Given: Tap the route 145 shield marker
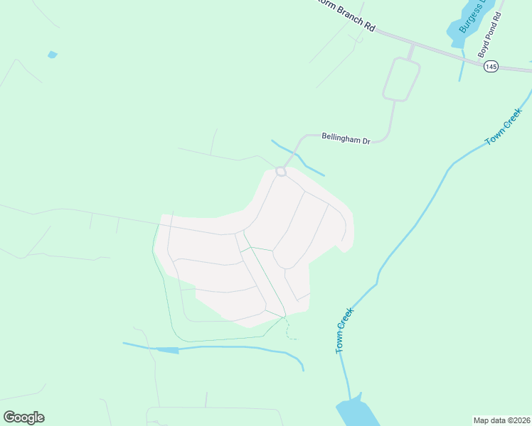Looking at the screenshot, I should pos(491,66).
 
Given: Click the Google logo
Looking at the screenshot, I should pos(23,417).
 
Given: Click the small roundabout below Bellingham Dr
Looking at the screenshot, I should pos(281,171).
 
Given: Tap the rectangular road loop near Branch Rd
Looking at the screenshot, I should pos(402,79).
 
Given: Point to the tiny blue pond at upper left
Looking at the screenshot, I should pos(52,55).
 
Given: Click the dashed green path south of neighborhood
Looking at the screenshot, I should pos(289,330).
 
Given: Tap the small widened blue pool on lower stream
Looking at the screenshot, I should pos(167,349).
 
